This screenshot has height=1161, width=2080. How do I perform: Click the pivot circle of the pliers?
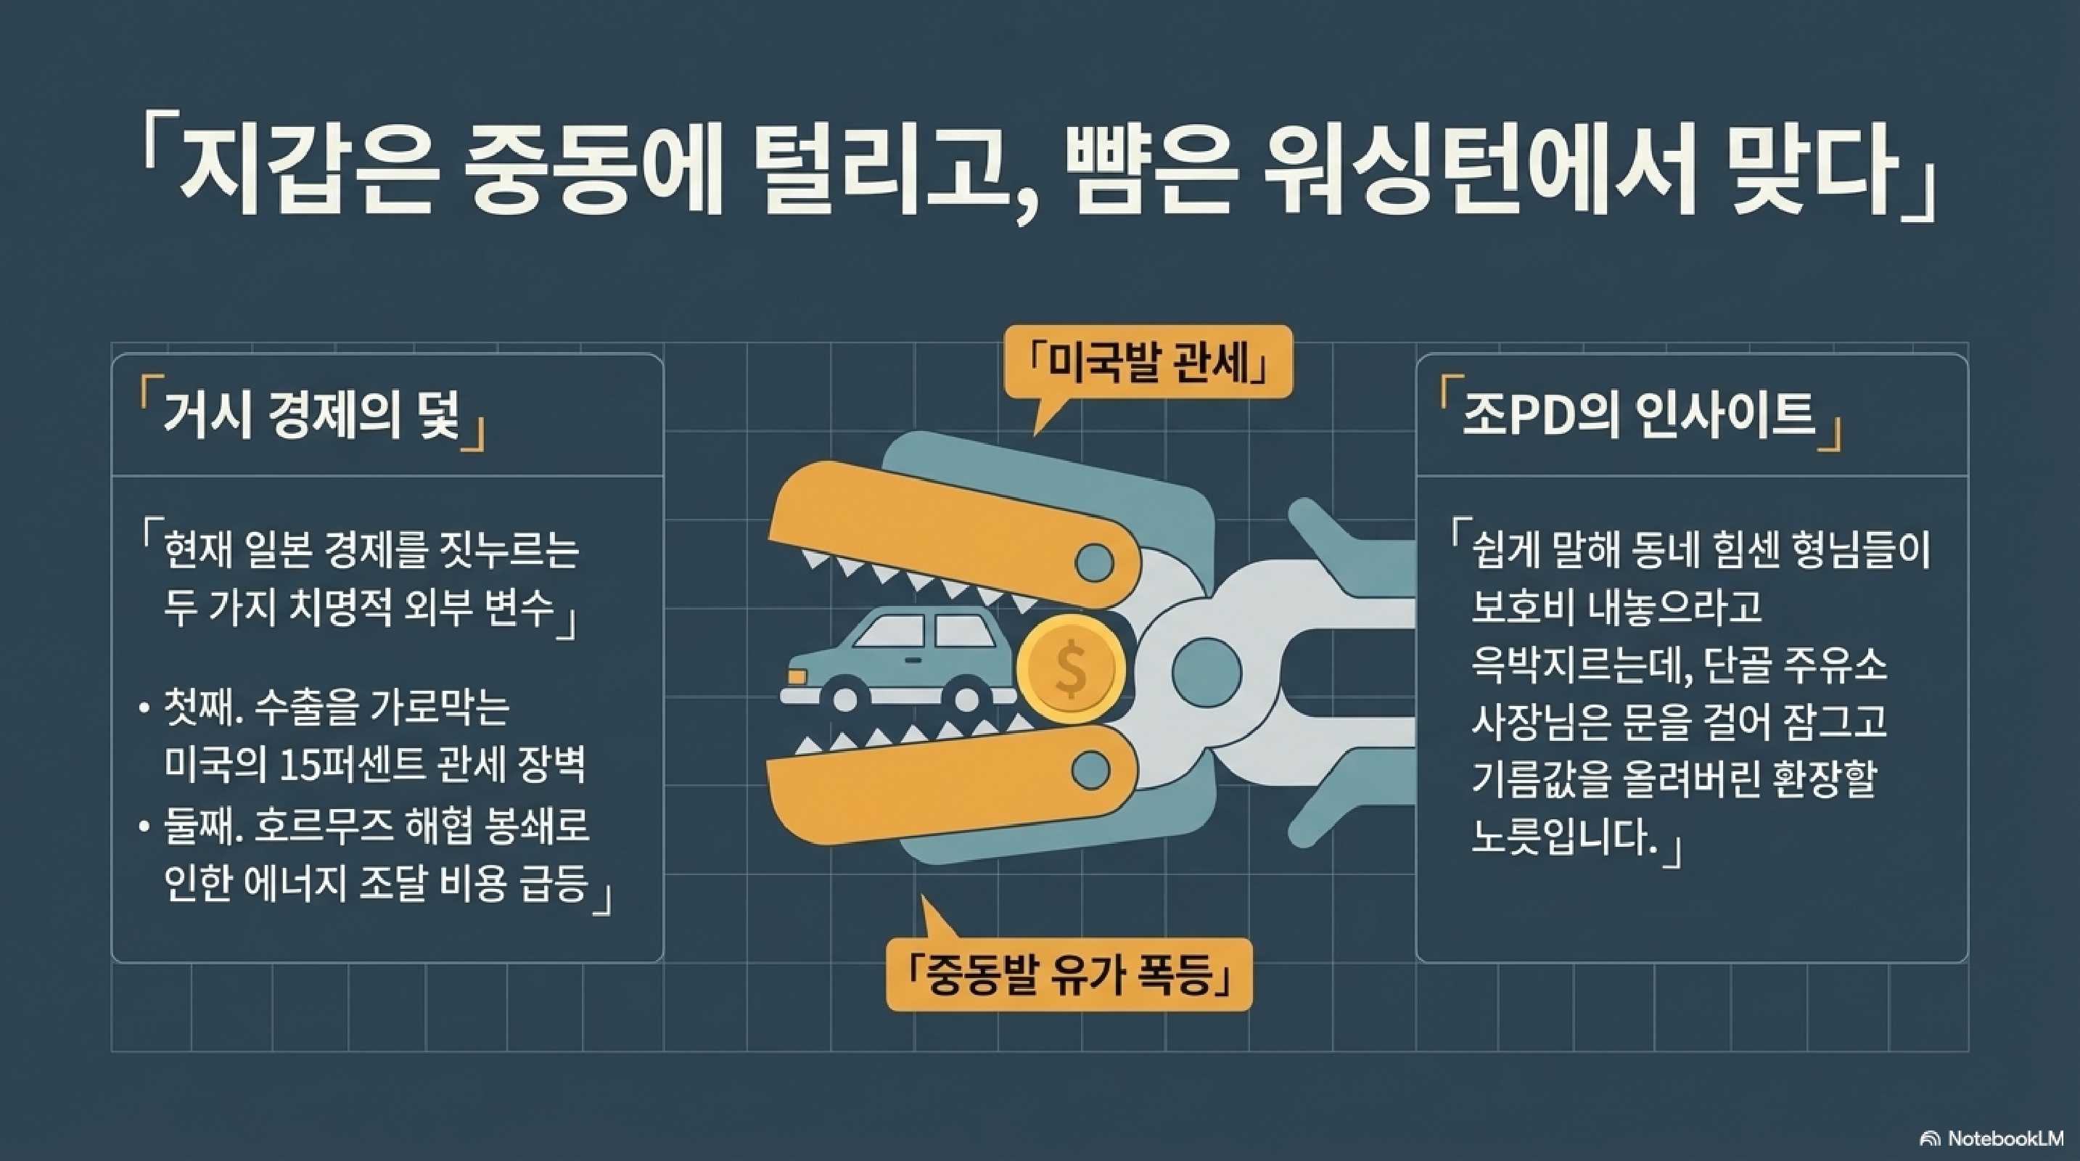coord(1207,669)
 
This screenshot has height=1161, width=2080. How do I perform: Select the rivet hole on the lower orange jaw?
coord(1091,768)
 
